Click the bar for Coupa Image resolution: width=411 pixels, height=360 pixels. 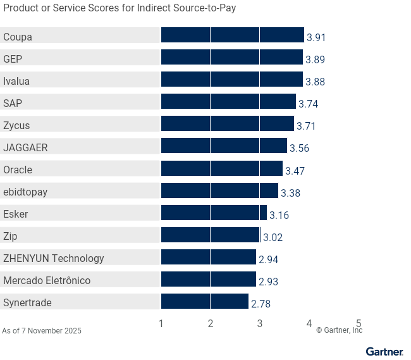[233, 35]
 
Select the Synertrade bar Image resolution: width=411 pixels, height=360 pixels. [205, 301]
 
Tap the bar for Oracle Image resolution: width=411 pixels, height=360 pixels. [222, 168]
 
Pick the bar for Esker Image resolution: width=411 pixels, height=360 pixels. [214, 213]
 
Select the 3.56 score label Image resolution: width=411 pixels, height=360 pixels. [299, 149]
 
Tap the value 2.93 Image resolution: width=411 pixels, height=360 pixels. [268, 282]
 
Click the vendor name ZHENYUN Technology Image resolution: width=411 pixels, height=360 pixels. [54, 258]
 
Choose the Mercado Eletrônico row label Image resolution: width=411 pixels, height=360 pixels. [47, 280]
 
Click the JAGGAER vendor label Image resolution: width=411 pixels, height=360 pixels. [25, 147]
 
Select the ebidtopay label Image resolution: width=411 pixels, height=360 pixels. [25, 192]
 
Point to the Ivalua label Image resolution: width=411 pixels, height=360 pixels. [16, 81]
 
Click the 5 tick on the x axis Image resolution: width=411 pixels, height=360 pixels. [359, 323]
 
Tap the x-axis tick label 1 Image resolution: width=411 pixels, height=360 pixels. [161, 323]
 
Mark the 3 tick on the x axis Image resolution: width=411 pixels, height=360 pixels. [260, 323]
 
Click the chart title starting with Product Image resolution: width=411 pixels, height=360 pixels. [120, 9]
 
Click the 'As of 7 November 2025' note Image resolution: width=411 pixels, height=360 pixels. [42, 331]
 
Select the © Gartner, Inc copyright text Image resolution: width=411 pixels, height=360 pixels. [339, 330]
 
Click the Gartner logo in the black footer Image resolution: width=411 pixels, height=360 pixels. [384, 352]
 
